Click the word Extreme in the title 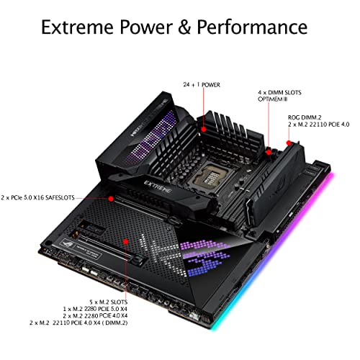pyautogui.click(x=77, y=27)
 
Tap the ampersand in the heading pyautogui.click(x=185, y=27)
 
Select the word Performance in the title pyautogui.click(x=252, y=27)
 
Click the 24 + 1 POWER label pyautogui.click(x=202, y=85)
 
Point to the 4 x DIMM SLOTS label pyautogui.click(x=279, y=92)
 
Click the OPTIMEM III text pyautogui.click(x=272, y=99)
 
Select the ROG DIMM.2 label pyautogui.click(x=305, y=117)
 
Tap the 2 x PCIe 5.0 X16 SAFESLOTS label pyautogui.click(x=37, y=198)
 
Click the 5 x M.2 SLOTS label pyautogui.click(x=109, y=302)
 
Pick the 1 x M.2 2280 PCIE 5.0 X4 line pyautogui.click(x=95, y=309)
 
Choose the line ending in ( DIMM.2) pyautogui.click(x=78, y=323)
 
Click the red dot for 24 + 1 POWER pyautogui.click(x=204, y=130)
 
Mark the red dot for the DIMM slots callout pyautogui.click(x=269, y=152)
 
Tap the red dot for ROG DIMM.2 pyautogui.click(x=289, y=143)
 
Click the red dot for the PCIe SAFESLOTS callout pyautogui.click(x=111, y=199)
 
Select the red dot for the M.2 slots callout pyautogui.click(x=126, y=241)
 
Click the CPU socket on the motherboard pyautogui.click(x=208, y=176)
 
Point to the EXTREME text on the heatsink pyautogui.click(x=158, y=187)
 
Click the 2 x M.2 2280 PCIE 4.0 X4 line pyautogui.click(x=95, y=315)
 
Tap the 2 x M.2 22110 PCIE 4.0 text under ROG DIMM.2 pyautogui.click(x=319, y=125)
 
